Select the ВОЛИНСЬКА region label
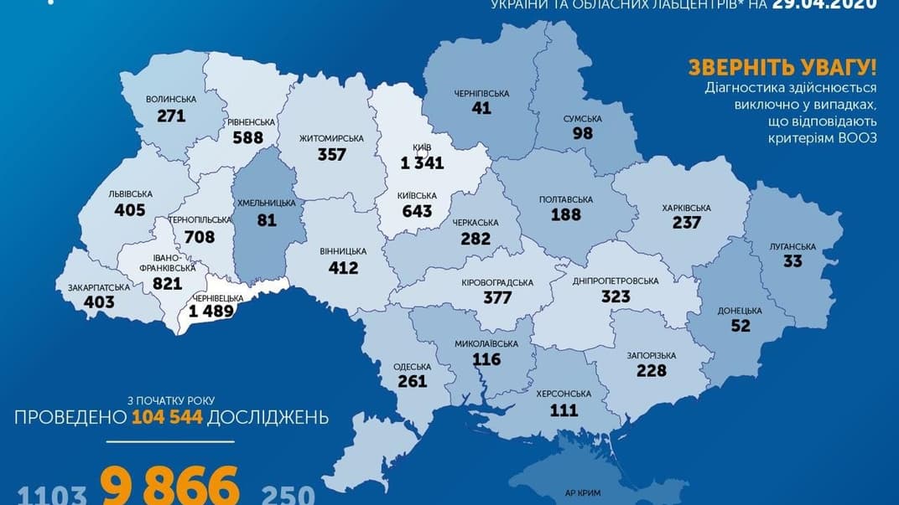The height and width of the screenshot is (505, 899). (171, 99)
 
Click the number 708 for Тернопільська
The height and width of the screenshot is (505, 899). (200, 237)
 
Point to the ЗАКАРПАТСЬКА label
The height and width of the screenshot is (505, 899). (99, 287)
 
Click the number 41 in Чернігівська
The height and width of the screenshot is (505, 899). (481, 107)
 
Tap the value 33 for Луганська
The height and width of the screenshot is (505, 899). (792, 261)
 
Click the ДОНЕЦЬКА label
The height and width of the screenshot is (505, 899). (740, 311)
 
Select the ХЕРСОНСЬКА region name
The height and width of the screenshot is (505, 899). (564, 394)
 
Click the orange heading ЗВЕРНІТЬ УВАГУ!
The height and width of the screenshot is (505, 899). (782, 68)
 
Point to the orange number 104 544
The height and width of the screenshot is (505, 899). (167, 416)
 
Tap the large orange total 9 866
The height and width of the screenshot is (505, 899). (169, 487)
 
